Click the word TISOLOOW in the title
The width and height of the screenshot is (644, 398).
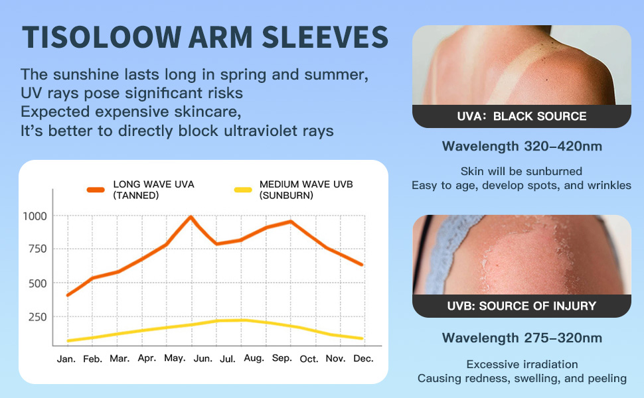coord(102,37)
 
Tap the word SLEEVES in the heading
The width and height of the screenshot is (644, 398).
coord(325,37)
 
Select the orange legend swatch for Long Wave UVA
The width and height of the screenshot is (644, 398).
coord(96,190)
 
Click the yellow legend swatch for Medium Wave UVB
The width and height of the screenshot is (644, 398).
coord(243,190)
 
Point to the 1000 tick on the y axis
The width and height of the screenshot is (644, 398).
coord(35,216)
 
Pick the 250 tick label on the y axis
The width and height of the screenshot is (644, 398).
coord(37,317)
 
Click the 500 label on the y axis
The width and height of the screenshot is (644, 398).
coord(37,283)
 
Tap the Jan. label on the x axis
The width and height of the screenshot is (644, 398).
coord(66,359)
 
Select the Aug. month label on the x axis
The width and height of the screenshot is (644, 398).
coord(254,358)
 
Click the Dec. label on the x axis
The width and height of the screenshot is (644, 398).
coord(363,359)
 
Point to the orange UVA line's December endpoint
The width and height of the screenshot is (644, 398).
coord(362,265)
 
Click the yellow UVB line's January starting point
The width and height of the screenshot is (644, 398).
coord(68,340)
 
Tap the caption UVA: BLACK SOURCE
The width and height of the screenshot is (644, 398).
coord(522,117)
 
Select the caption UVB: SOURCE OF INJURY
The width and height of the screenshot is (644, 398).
coord(522,306)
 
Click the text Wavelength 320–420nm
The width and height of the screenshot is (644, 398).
coord(522,147)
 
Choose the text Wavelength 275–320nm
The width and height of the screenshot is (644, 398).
coord(522,338)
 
